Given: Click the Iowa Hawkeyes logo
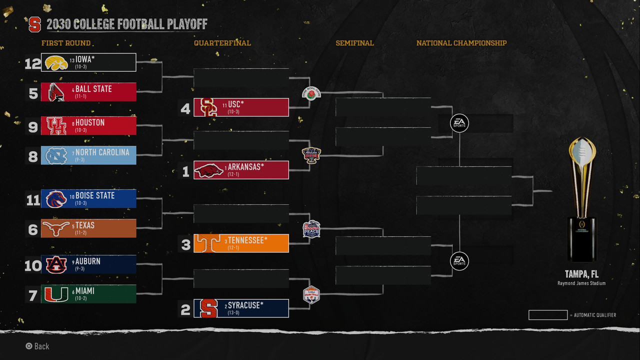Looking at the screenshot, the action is point(56,62).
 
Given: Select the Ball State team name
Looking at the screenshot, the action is point(93,89).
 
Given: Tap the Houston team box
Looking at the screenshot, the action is point(88,126).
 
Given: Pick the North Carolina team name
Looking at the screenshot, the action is point(102,152).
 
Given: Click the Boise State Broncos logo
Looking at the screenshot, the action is point(56,199).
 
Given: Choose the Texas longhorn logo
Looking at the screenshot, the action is point(56,228).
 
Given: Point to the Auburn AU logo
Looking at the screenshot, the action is point(56,264).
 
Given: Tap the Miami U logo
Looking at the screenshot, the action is point(56,294).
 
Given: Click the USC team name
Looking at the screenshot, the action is point(236,104).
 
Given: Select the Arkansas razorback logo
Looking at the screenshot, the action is point(209,170).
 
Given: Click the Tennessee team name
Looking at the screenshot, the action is point(247,240).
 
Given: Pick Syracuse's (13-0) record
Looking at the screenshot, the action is point(233,312).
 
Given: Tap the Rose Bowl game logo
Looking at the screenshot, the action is point(310,93).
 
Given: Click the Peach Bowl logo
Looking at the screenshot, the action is point(311,229).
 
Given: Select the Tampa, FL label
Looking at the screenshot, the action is point(581,274).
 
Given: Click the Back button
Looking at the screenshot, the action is point(37,346).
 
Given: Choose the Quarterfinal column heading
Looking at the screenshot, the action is point(222,43).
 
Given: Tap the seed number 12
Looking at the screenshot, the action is point(32,63).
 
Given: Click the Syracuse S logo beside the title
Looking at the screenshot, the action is point(34,24).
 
